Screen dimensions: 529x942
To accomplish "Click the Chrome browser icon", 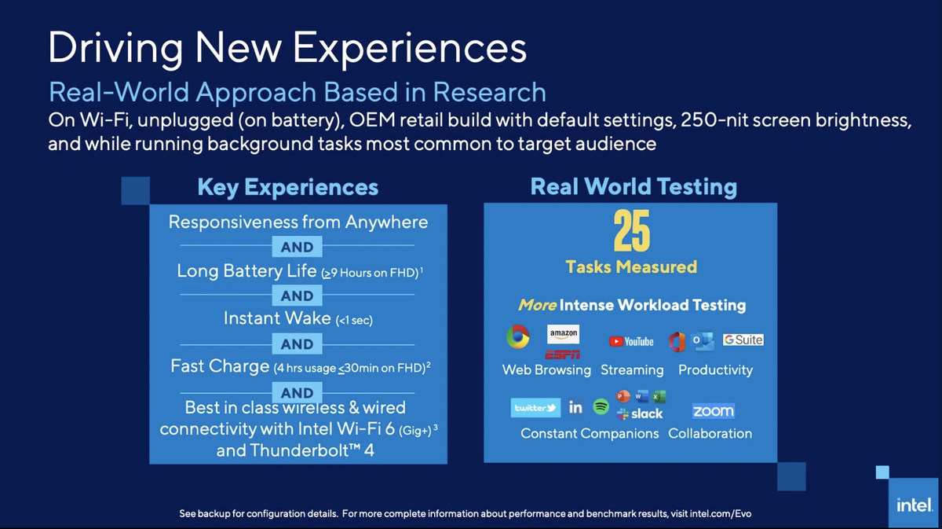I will coord(517,337).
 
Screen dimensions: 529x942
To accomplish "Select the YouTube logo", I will coord(631,341).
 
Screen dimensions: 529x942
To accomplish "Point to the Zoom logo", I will coord(713,410).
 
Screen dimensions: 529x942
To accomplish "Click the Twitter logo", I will coord(535,408).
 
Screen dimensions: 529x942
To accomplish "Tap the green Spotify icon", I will coord(601,406).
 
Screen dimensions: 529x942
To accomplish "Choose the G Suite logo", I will coord(743,340).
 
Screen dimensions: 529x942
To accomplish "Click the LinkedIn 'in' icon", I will coord(575,407).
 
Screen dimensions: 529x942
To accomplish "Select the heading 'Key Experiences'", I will coord(287,187).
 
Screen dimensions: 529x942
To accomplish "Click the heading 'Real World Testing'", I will coord(633,186).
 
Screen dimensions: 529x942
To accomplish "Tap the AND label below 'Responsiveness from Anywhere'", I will coord(297,247).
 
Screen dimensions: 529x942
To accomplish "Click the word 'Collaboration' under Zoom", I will coord(710,433).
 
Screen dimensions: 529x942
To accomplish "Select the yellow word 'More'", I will coord(537,305).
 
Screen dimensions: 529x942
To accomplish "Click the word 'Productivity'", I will coord(715,369).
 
